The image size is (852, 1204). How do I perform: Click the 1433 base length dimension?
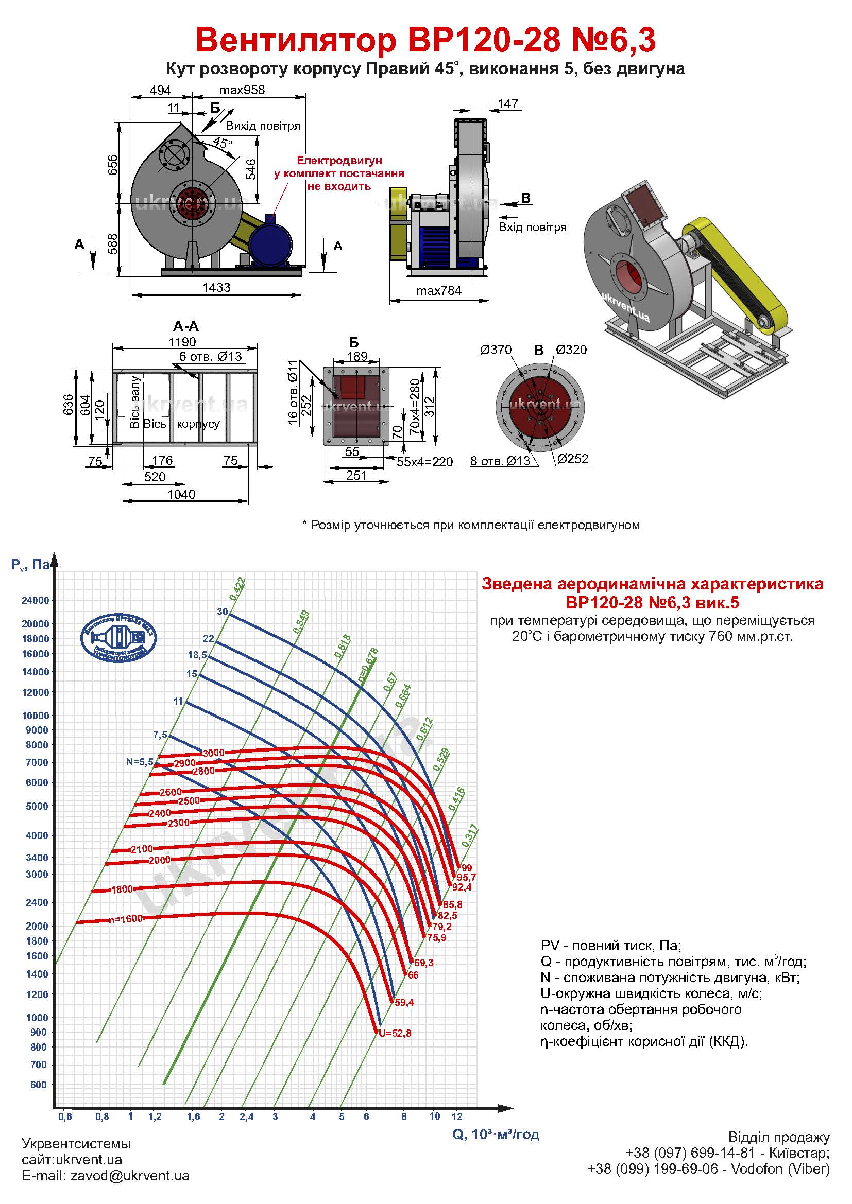[216, 287]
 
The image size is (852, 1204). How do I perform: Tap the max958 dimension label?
[242, 90]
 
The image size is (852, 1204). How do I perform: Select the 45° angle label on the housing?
[223, 143]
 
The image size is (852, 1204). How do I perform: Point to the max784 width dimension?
[438, 290]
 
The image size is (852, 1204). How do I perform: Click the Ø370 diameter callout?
[495, 350]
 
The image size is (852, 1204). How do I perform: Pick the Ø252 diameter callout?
[572, 459]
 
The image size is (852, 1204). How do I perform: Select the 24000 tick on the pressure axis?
[35, 600]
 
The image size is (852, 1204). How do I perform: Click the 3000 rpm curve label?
[214, 753]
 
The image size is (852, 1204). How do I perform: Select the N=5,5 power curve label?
[140, 762]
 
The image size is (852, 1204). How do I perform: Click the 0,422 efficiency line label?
[237, 588]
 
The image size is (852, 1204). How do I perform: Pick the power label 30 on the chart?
[223, 612]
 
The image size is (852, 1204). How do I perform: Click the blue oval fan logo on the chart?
[118, 638]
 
